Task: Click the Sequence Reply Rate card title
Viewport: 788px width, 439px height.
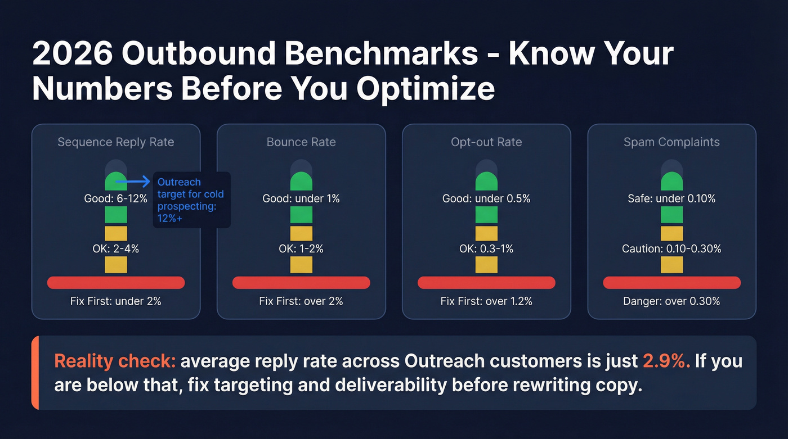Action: (x=116, y=142)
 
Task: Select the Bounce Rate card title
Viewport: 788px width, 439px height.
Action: (x=301, y=142)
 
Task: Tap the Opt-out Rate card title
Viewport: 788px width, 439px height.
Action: (x=486, y=142)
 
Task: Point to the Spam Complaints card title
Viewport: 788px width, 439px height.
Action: (x=671, y=142)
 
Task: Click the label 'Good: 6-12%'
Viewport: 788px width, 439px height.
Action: (x=116, y=198)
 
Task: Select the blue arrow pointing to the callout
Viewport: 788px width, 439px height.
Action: (x=137, y=182)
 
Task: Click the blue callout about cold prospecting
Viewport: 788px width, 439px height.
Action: (x=191, y=200)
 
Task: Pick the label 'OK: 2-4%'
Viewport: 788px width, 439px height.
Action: (x=116, y=248)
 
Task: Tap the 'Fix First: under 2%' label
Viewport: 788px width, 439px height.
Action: (x=116, y=301)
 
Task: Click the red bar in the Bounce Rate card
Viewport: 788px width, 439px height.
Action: (x=301, y=282)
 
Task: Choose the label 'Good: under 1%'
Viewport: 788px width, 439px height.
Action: (x=301, y=198)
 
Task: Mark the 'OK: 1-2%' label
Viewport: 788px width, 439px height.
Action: (x=301, y=248)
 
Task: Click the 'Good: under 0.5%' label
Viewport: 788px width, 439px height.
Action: (x=486, y=198)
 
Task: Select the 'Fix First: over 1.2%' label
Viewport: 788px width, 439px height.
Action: (x=486, y=301)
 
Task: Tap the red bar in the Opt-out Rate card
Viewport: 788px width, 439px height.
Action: (x=486, y=282)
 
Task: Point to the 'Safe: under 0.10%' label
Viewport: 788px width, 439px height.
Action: (x=671, y=198)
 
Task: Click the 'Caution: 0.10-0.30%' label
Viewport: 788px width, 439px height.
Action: (x=671, y=248)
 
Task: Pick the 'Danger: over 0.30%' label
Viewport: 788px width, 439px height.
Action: (x=671, y=301)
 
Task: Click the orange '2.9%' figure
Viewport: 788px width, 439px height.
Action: (x=666, y=361)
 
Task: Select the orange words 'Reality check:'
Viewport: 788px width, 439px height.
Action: (x=115, y=361)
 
